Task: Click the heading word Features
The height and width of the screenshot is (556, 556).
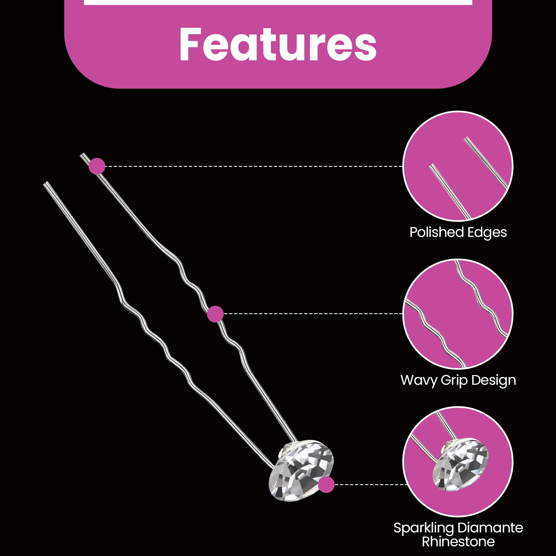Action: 278,44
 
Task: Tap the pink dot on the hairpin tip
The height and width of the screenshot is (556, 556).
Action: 97,166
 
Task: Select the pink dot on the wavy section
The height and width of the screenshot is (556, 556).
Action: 215,314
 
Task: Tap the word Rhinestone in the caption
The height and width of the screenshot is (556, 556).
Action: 458,541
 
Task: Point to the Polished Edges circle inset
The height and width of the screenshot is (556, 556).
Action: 458,166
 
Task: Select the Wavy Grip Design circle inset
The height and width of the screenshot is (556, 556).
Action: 458,314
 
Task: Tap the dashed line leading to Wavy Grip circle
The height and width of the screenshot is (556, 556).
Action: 313,314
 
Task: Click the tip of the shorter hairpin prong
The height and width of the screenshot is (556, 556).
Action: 45,183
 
